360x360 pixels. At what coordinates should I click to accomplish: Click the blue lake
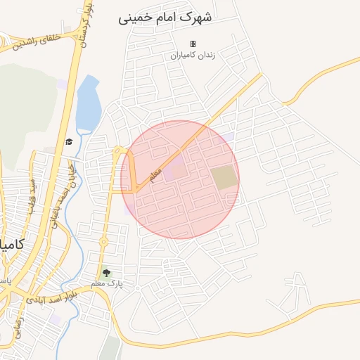pyautogui.click(x=88, y=103)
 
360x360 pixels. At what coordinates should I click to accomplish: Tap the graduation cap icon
pyautogui.click(x=69, y=142)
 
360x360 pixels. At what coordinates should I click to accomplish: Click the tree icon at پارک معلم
pyautogui.click(x=106, y=273)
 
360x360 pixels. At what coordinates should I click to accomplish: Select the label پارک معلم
pyautogui.click(x=106, y=283)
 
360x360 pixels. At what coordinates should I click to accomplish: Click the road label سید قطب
pyautogui.click(x=32, y=194)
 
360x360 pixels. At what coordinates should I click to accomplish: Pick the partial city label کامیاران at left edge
pyautogui.click(x=11, y=245)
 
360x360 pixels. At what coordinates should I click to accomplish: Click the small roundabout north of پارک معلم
pyautogui.click(x=103, y=242)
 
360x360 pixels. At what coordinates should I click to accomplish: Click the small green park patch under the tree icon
pyautogui.click(x=109, y=349)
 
